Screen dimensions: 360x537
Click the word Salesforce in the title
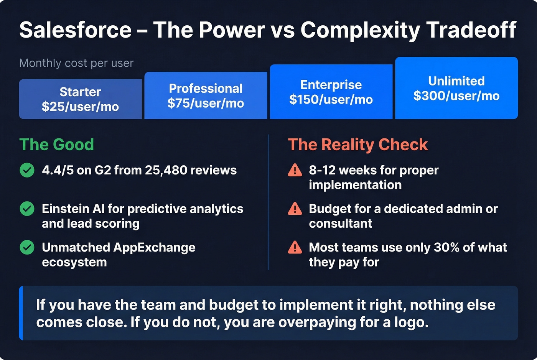(76, 30)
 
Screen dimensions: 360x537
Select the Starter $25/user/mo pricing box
(80, 99)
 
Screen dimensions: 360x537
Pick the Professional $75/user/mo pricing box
(206, 96)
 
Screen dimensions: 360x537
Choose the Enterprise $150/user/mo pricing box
(331, 92)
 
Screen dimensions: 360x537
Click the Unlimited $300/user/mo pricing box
(456, 88)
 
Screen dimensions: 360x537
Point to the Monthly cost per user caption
(76, 63)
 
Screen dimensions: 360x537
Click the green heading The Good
(56, 145)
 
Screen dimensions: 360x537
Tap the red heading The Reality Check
(357, 145)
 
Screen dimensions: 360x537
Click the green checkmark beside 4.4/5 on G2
(27, 170)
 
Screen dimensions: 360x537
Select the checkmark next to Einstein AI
(27, 209)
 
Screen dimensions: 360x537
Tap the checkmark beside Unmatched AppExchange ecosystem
(27, 248)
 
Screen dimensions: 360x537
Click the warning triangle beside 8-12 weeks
(295, 170)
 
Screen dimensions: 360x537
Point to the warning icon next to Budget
(295, 209)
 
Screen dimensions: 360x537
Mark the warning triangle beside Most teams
(295, 248)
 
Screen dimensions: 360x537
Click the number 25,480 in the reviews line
(166, 170)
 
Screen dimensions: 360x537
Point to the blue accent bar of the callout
(21, 313)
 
